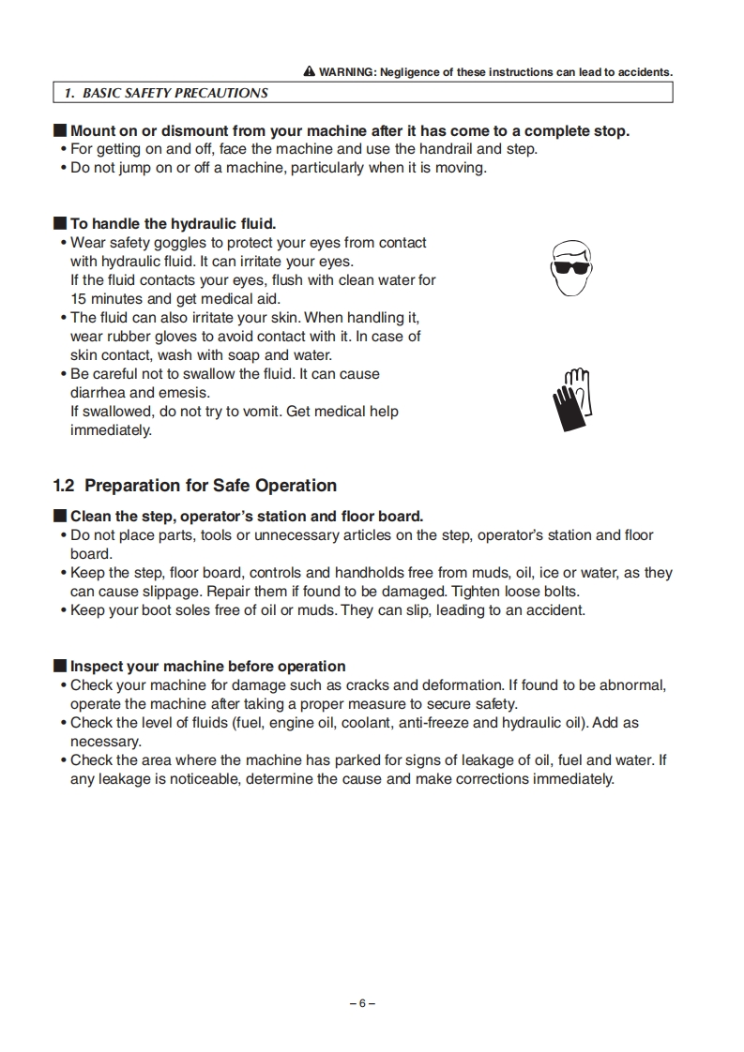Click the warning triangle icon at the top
tap(310, 72)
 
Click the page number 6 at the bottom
tap(362, 1002)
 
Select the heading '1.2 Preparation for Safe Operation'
tap(195, 486)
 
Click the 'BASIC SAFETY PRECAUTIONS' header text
tap(165, 93)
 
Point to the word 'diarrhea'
tap(99, 393)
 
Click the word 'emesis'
tap(184, 393)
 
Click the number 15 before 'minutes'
tap(79, 299)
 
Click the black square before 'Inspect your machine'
tap(60, 667)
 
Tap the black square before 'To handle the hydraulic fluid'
tap(60, 224)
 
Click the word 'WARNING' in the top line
tap(348, 72)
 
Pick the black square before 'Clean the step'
tap(60, 517)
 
